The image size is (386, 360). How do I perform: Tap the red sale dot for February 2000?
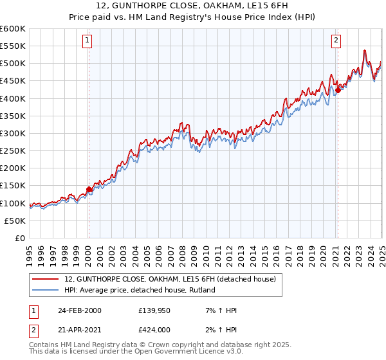pyautogui.click(x=89, y=189)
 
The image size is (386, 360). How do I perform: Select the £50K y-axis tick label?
pyautogui.click(x=16, y=221)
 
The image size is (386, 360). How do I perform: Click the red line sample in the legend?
pyautogui.click(x=46, y=279)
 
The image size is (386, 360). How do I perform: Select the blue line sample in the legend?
pyautogui.click(x=46, y=290)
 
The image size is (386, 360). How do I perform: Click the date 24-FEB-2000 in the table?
pyautogui.click(x=79, y=310)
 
